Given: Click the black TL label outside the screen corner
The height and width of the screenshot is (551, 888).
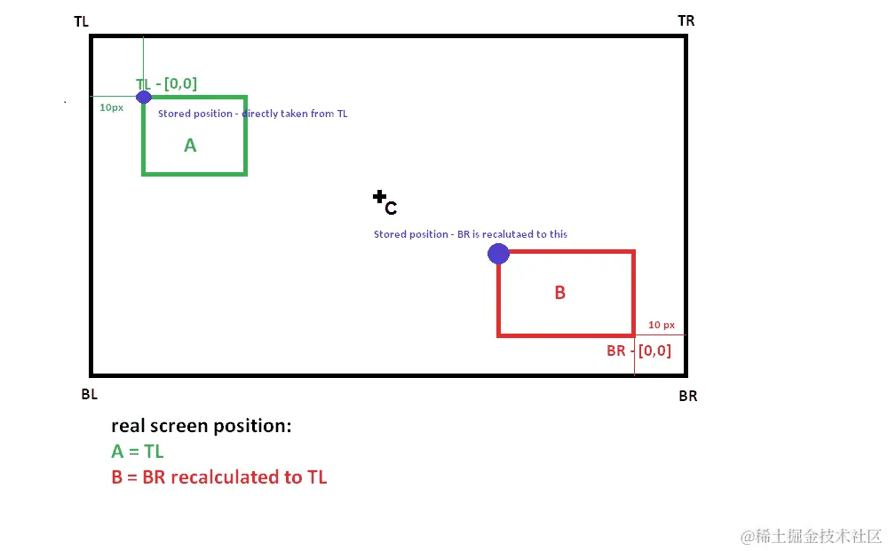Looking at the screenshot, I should (x=81, y=20).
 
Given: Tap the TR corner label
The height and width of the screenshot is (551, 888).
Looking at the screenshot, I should (x=686, y=20).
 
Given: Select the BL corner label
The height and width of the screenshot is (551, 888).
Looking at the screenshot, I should (x=89, y=395).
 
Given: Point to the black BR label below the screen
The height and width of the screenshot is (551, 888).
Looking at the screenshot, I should (x=688, y=396).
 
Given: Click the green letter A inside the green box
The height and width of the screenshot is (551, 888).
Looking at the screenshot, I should (x=190, y=146).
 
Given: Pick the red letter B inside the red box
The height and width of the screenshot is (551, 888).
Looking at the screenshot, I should (x=559, y=293).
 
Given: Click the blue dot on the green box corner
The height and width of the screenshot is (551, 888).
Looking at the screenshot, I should (x=144, y=96).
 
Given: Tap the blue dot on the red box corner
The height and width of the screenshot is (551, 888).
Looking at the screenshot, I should (x=498, y=254).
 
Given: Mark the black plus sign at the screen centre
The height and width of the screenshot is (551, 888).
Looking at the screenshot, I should (x=380, y=197).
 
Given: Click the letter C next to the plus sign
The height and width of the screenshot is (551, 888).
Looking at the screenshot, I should (x=391, y=209).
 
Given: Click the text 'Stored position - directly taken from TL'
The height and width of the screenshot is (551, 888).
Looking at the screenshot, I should (x=252, y=114).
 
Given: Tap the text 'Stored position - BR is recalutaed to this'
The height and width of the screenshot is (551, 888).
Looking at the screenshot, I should (x=471, y=234).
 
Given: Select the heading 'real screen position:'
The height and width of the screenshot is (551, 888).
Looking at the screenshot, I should (x=201, y=426).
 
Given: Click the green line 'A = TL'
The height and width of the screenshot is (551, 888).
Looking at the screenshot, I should (x=138, y=452).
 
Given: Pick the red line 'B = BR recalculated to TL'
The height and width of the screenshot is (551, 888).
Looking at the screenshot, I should (x=219, y=477).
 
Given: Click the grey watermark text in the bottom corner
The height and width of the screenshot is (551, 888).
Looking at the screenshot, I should (x=811, y=536).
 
